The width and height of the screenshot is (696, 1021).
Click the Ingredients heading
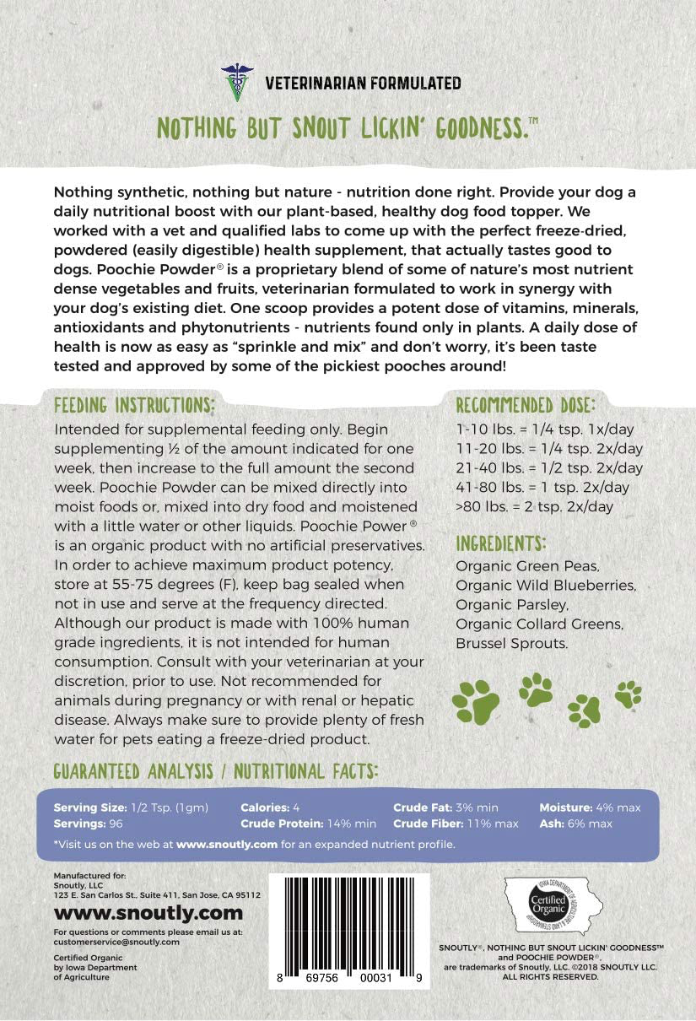(x=501, y=542)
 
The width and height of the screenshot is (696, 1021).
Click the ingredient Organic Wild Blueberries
(x=546, y=585)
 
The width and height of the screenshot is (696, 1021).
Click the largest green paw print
(x=476, y=698)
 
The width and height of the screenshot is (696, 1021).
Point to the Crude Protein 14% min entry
(x=308, y=823)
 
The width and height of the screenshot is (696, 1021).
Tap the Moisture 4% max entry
(x=590, y=807)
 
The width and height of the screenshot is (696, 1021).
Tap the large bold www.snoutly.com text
(x=148, y=913)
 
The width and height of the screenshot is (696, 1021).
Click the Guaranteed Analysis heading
(x=215, y=770)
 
